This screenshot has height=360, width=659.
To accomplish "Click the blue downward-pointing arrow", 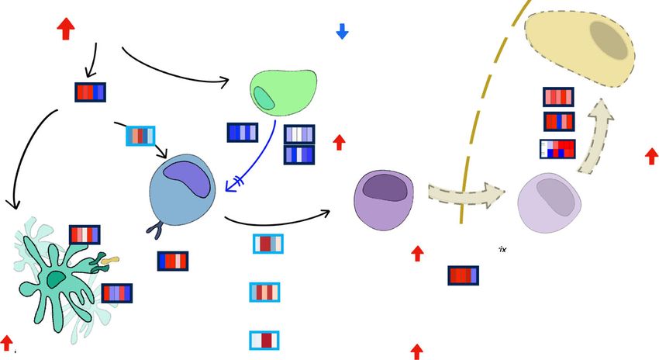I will (x=342, y=31).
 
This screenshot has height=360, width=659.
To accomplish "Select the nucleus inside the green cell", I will (x=264, y=99).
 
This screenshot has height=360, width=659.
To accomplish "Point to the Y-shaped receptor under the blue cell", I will (x=155, y=229).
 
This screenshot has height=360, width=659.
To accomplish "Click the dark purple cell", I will (x=384, y=199).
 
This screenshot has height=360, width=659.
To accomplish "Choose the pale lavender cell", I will (x=549, y=203).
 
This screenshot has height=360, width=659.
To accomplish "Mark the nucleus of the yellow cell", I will (x=608, y=40).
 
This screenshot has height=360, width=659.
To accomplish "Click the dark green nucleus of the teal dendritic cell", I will (x=56, y=279).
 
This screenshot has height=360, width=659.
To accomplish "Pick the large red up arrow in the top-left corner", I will (x=66, y=29).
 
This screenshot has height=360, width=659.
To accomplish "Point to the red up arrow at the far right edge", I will (x=651, y=157).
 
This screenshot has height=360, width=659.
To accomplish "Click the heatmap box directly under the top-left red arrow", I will (x=90, y=92).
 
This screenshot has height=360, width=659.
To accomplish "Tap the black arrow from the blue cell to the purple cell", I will (x=279, y=220).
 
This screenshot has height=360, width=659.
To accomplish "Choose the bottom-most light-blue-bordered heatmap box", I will (x=264, y=340).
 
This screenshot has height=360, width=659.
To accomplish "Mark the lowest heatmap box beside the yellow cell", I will (x=558, y=148).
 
